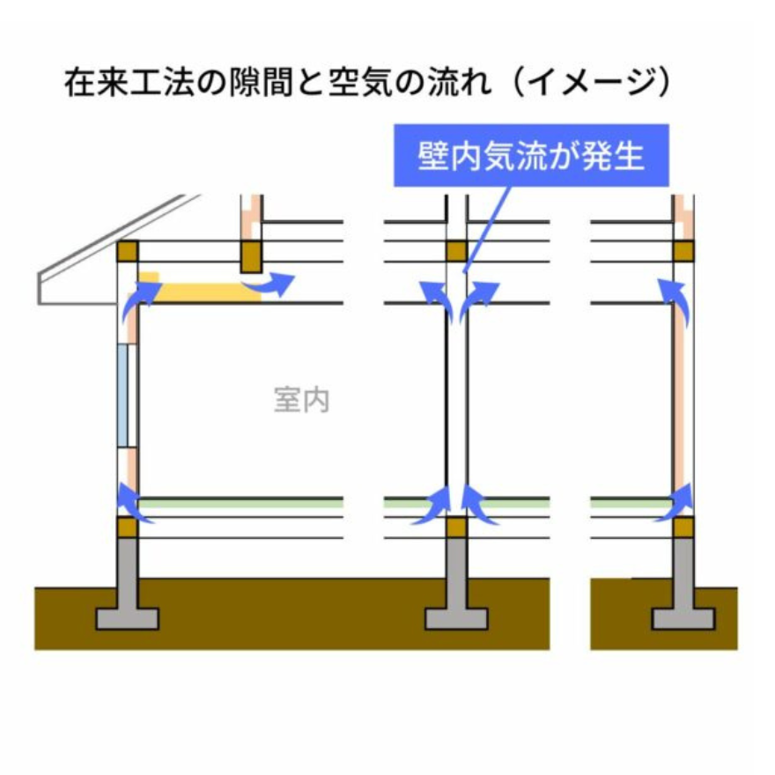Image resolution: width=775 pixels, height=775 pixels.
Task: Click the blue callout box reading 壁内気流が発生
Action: pos(531,156)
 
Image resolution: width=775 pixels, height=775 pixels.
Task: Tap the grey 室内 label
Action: pos(302,400)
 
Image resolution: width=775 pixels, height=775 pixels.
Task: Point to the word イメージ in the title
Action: pos(591,82)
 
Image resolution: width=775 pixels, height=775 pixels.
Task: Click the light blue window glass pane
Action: pos(122,396)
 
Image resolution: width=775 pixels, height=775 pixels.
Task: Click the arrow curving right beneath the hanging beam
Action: pos(269,284)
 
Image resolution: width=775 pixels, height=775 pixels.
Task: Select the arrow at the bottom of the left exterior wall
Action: pos(134,504)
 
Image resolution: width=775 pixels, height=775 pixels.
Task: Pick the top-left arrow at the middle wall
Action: pos(438,300)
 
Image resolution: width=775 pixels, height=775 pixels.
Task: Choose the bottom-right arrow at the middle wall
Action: pos(478,506)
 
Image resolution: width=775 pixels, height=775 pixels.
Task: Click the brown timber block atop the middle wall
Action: pos(456,251)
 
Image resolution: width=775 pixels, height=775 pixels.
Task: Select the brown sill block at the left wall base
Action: pos(128,528)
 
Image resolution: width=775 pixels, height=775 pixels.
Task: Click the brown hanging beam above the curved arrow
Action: pos(251,256)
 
